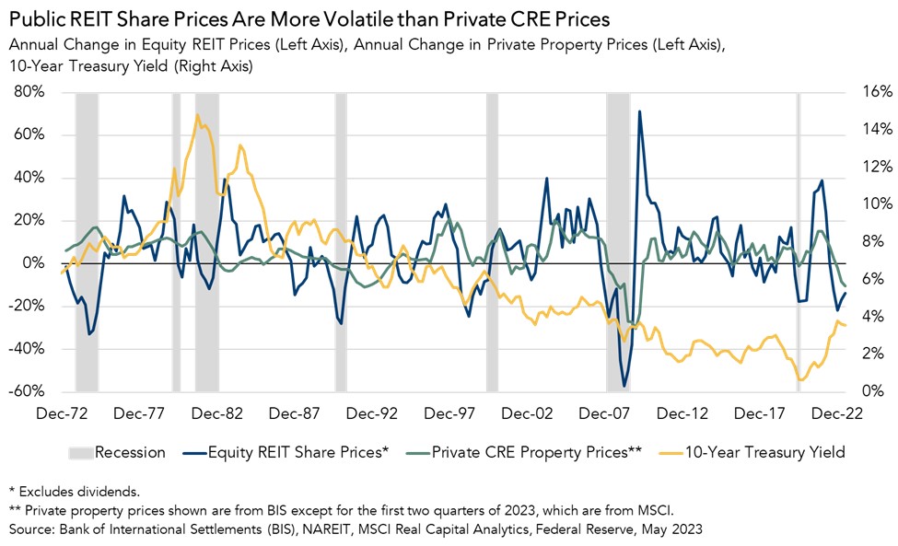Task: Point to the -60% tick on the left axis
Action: click(28, 391)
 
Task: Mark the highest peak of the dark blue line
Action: click(639, 112)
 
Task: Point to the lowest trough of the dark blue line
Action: click(624, 386)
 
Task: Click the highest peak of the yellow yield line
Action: click(197, 115)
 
